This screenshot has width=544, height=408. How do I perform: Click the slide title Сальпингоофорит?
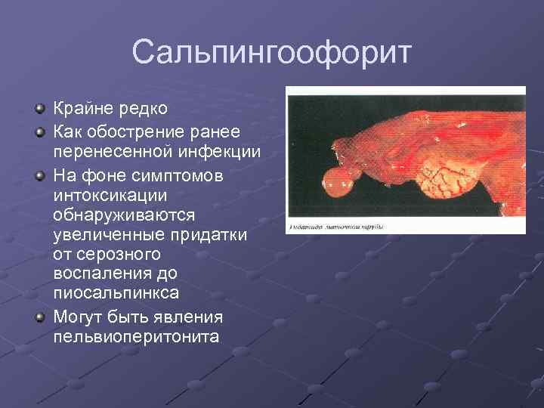(x=272, y=54)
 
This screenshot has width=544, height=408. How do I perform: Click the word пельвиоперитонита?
(x=136, y=335)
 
